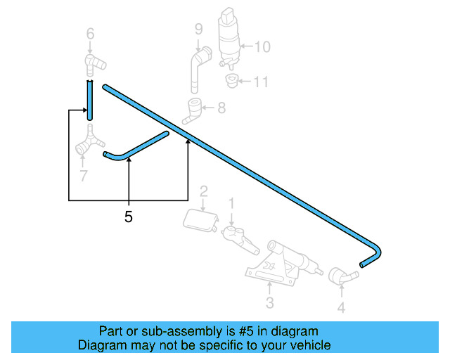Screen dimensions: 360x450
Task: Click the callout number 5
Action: click(x=128, y=217)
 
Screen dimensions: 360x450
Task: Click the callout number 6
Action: click(x=90, y=33)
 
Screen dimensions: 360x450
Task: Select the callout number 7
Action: click(x=84, y=175)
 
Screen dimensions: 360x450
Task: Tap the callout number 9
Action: click(x=198, y=29)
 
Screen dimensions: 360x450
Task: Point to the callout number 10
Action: click(x=262, y=47)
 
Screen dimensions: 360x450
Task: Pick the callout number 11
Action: click(x=261, y=82)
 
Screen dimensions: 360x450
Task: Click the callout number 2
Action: click(x=203, y=191)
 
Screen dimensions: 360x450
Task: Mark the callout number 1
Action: click(x=230, y=204)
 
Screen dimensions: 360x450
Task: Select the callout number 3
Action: click(x=269, y=303)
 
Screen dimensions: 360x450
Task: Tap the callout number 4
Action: click(x=341, y=307)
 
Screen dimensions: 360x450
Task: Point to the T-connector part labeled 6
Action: click(x=92, y=63)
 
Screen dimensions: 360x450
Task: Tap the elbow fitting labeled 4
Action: click(x=341, y=276)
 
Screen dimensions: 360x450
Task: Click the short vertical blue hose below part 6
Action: click(x=90, y=98)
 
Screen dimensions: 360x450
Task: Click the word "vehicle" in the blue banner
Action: click(x=308, y=345)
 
